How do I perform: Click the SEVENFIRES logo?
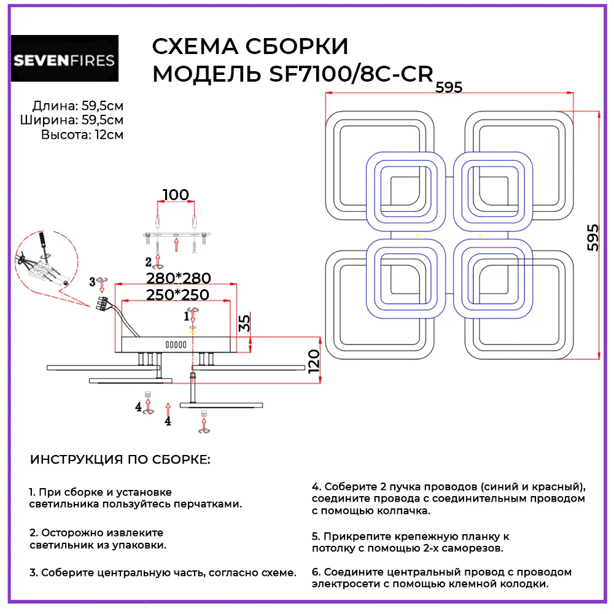point(64,59)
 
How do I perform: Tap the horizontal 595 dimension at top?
point(448,87)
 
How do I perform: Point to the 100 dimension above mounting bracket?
point(176,195)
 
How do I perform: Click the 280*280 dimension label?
point(178,278)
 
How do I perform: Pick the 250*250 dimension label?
point(178,295)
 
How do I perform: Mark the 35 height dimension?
point(244,323)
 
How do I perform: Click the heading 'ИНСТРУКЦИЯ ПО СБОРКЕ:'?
point(120,460)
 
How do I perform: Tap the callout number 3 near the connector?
point(92,282)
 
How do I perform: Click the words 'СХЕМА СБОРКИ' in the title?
point(249,47)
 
